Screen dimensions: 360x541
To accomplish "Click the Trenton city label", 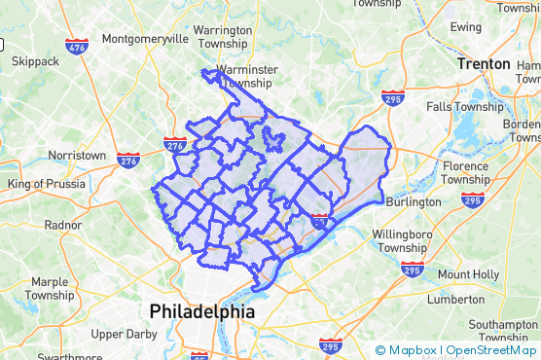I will (x=484, y=64).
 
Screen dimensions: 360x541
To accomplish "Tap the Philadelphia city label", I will (x=201, y=312).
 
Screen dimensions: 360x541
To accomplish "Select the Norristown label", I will (x=77, y=156).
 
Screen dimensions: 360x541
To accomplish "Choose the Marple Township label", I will (x=49, y=288).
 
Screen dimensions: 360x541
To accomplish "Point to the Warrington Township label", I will (x=223, y=37).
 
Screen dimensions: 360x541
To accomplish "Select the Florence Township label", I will (x=465, y=172).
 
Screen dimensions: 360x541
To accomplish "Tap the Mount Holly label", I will (x=468, y=274).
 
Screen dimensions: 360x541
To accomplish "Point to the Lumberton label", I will (x=455, y=300).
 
